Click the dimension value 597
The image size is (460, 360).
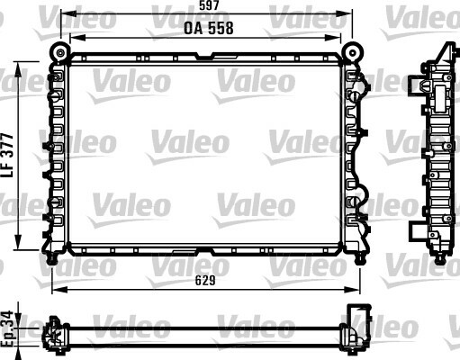coord(209,5)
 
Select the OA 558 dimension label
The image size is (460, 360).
coord(209,28)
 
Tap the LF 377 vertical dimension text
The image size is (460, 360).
coord(7,156)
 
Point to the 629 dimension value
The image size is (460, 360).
coord(205,281)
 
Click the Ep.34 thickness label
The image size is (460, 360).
coord(7,329)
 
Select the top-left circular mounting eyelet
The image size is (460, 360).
coord(60,53)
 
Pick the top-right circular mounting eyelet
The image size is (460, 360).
coord(353,53)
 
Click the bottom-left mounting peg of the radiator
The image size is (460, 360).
coord(52,259)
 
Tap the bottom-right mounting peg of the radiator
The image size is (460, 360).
coord(359,259)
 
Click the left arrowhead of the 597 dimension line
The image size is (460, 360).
coord(68,13)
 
